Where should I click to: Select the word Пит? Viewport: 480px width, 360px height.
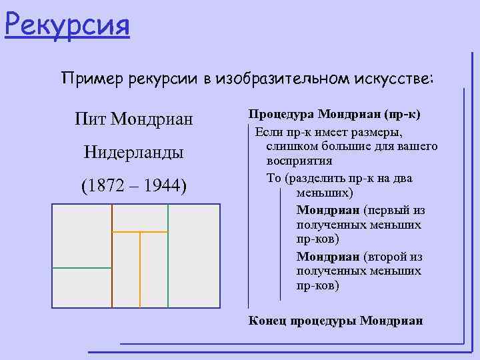pos(91,120)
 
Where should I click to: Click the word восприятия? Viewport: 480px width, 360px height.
pos(299,161)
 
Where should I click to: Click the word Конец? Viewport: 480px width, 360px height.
pos(267,320)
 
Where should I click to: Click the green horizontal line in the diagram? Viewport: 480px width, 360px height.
pos(81,267)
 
